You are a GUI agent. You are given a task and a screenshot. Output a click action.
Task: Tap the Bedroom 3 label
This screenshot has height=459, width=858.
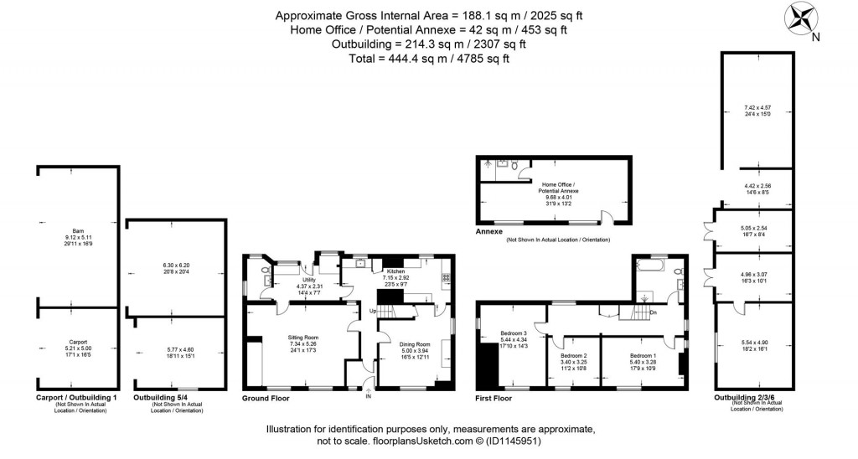pyautogui.click(x=514, y=333)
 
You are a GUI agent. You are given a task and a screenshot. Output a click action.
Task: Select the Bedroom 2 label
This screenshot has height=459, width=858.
pyautogui.click(x=574, y=355)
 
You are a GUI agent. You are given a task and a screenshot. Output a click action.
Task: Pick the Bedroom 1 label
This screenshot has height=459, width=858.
pyautogui.click(x=643, y=355)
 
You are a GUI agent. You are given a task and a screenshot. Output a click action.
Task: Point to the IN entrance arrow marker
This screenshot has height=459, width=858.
pyautogui.click(x=368, y=386)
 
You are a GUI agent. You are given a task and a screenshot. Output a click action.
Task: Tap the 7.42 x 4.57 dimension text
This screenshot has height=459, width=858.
pyautogui.click(x=757, y=107)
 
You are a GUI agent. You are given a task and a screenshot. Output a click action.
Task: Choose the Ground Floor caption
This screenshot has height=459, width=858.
pyautogui.click(x=265, y=398)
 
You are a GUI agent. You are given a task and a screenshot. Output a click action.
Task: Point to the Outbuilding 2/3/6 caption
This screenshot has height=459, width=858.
pyautogui.click(x=750, y=397)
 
